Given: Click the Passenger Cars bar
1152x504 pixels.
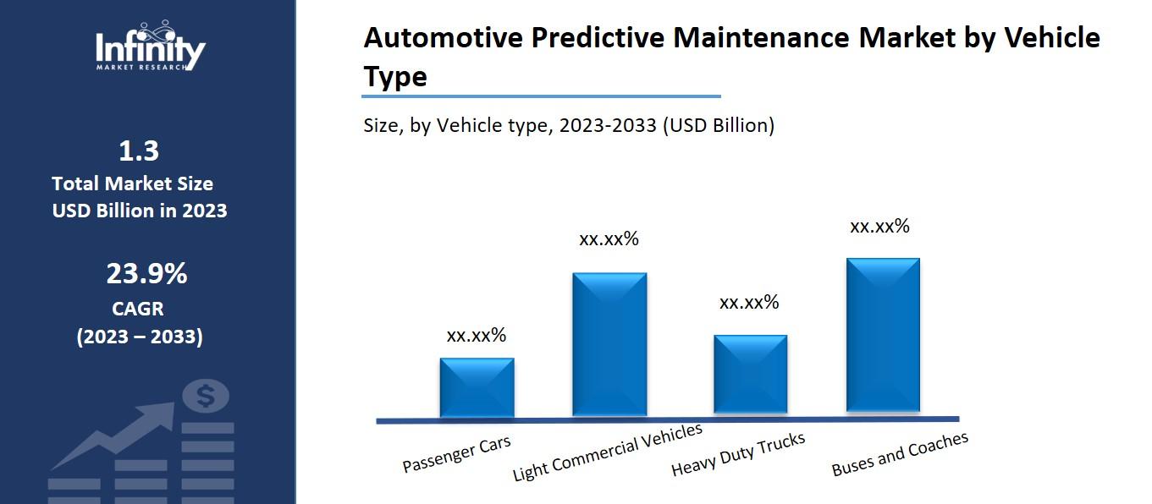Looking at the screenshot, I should (477, 387).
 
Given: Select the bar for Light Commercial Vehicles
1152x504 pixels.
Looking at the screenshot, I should (609, 344).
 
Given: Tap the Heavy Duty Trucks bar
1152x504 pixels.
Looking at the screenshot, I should (750, 375).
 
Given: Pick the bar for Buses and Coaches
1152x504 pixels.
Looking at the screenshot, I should (883, 336).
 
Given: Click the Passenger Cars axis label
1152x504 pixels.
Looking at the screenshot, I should (456, 455).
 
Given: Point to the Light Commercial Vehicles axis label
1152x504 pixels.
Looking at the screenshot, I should (608, 452).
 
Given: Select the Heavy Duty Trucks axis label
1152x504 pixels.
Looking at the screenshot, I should (738, 454).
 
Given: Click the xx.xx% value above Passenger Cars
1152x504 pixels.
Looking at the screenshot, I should (477, 336).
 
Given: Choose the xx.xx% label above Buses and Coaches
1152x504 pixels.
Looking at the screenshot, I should (879, 227).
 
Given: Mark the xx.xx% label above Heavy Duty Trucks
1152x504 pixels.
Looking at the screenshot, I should (749, 303).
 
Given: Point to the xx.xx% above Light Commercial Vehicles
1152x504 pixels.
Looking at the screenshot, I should (609, 239).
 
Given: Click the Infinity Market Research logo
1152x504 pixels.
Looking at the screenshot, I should (150, 47).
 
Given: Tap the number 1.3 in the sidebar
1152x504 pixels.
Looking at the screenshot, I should (139, 151).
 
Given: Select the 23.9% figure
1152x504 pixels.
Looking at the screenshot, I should (146, 274).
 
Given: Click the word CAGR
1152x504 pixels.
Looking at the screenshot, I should (138, 309).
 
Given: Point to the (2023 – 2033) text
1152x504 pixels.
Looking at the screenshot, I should (140, 337).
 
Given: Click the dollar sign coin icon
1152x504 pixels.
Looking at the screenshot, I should (206, 395).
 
